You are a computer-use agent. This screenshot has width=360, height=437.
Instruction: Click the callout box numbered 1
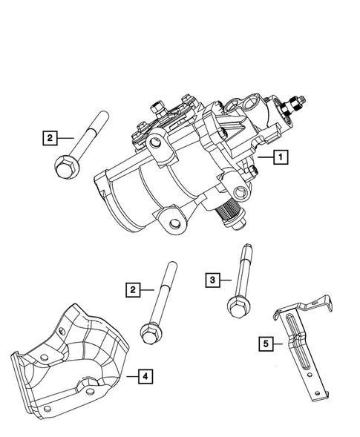(280, 157)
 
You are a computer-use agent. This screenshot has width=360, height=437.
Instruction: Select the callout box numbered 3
(214, 279)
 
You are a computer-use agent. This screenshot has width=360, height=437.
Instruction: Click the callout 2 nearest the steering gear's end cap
(49, 137)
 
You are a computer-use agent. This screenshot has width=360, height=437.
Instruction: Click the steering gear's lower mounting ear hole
(175, 219)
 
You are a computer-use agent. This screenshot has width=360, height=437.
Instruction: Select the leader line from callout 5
(277, 343)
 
